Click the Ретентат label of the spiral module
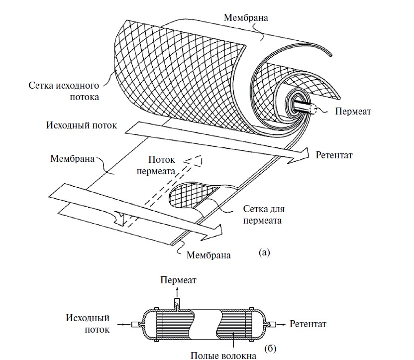334,155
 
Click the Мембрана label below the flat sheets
208,255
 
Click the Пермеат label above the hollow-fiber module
178,281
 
